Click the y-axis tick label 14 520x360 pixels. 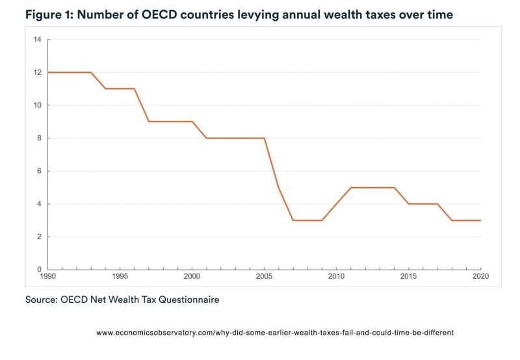(37, 40)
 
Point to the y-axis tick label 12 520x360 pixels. (37, 72)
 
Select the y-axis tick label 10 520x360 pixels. (37, 105)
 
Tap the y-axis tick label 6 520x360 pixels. (38, 171)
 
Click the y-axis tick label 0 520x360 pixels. (38, 269)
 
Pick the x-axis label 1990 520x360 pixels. (47, 277)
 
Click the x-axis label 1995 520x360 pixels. (120, 277)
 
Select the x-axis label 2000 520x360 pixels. (192, 277)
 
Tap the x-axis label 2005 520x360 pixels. (264, 277)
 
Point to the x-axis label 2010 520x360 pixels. (336, 277)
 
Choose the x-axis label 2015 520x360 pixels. (408, 277)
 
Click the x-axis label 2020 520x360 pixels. (480, 277)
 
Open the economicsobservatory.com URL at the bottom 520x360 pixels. (274, 332)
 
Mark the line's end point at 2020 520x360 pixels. (480, 220)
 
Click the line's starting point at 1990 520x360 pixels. (47, 72)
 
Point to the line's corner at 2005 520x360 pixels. (264, 138)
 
